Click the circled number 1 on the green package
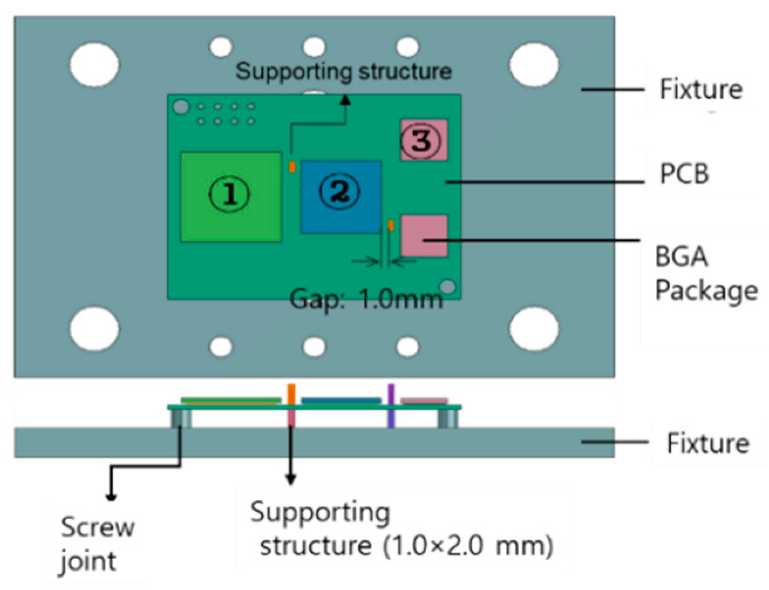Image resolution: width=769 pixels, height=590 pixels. [230, 194]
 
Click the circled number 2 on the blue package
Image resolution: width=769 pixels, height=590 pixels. [339, 191]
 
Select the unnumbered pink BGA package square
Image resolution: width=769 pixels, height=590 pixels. [424, 236]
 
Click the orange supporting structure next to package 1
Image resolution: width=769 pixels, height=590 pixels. [292, 166]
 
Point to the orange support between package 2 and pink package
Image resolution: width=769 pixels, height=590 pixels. [391, 226]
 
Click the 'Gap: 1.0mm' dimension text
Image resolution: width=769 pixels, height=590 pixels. [366, 299]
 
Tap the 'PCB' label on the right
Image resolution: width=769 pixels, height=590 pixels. [684, 174]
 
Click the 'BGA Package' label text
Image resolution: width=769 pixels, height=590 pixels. [706, 274]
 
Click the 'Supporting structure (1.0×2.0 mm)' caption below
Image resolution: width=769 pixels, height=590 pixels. [401, 529]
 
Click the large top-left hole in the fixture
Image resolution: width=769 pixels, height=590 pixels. [94, 64]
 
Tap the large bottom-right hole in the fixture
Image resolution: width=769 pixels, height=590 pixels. [533, 329]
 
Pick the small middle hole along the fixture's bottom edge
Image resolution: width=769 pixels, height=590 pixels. [314, 346]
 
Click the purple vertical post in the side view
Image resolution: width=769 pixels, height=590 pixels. [391, 405]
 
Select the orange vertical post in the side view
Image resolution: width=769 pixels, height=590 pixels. [291, 404]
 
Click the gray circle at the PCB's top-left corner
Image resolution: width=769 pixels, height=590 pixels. [182, 107]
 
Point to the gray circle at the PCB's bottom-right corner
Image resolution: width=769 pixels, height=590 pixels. [448, 287]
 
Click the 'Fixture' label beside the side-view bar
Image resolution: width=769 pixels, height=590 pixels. [707, 443]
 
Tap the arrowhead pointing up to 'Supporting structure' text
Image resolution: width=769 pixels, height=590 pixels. [346, 101]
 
